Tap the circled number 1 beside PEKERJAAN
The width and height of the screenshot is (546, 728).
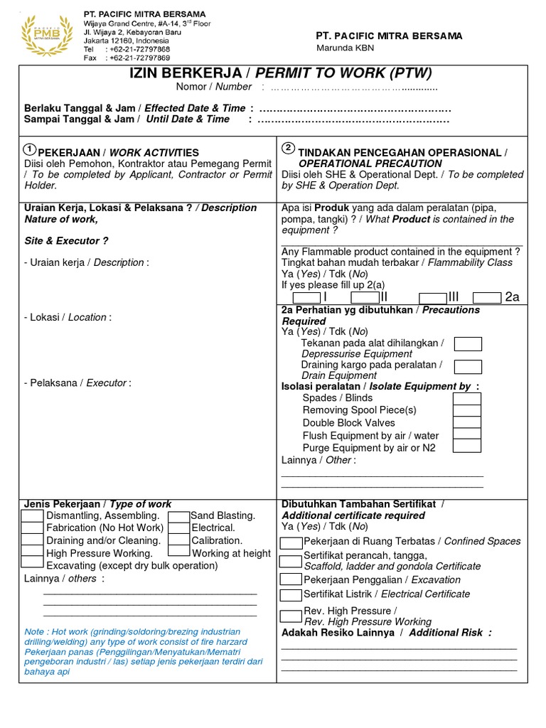point(29,149)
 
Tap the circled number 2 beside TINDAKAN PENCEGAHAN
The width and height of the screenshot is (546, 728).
point(288,148)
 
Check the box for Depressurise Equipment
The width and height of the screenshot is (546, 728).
point(468,344)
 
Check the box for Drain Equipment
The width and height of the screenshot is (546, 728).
point(468,367)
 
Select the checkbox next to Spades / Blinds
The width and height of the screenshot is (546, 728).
point(468,398)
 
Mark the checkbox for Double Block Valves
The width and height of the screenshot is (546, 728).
point(468,422)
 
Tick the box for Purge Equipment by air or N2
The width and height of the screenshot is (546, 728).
point(468,446)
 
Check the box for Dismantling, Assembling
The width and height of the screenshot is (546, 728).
point(32,515)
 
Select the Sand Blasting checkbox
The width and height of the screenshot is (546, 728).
point(179,515)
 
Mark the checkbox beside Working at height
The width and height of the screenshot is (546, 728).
point(179,553)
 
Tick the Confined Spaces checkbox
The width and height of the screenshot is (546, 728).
point(291,542)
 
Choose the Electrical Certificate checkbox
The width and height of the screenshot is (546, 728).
point(291,595)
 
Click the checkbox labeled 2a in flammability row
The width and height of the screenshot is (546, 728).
point(487,297)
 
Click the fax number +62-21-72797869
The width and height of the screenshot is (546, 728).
point(138,58)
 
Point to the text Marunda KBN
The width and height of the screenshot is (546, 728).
point(345,48)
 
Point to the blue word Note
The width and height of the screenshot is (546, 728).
point(34,631)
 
